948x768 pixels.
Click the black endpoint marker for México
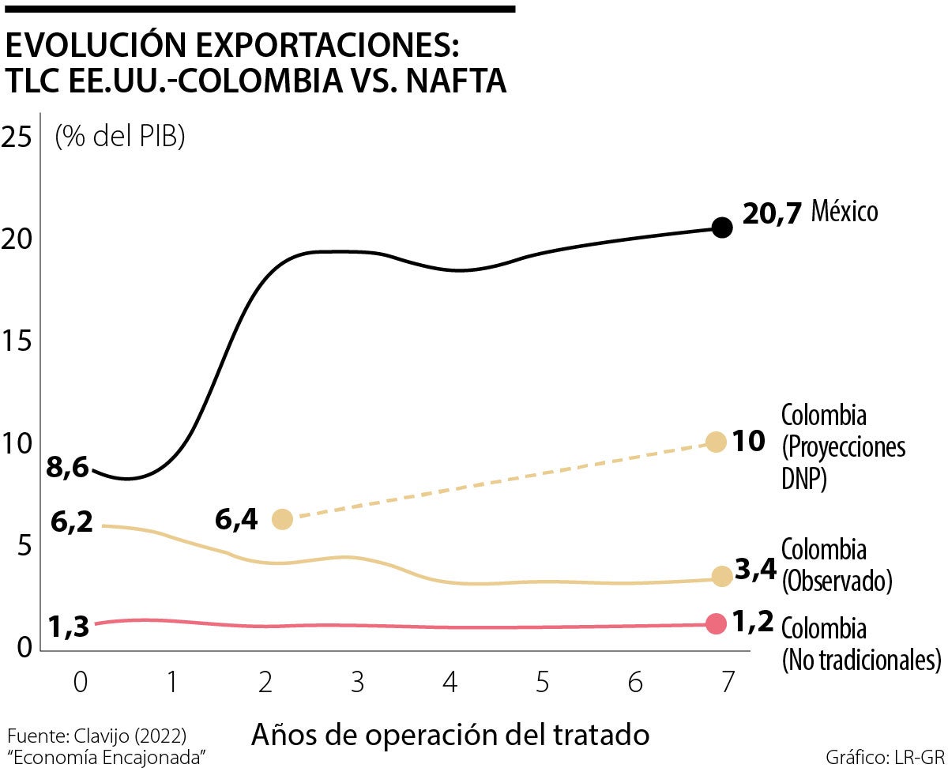click(x=722, y=228)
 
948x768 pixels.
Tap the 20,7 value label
click(x=773, y=213)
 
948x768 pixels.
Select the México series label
click(x=845, y=212)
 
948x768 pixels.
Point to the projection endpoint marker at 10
click(x=716, y=442)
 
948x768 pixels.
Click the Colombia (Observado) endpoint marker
click(x=721, y=575)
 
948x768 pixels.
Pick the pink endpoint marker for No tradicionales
click(x=716, y=623)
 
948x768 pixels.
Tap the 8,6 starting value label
click(x=67, y=468)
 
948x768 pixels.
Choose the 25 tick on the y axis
click(x=19, y=137)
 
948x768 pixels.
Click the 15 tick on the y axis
click(x=19, y=342)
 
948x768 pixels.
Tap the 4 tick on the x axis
click(x=450, y=682)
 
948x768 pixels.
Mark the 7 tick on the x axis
click(x=728, y=682)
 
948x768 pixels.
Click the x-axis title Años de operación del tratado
click(x=450, y=735)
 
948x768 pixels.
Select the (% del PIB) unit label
click(x=119, y=137)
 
